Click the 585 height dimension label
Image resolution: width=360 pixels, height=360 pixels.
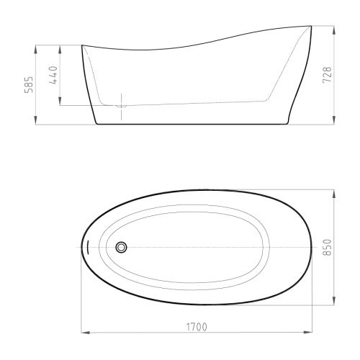click(x=30, y=84)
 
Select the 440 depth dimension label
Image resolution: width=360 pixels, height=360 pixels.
click(x=53, y=75)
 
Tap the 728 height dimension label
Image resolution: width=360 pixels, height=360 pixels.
click(x=327, y=75)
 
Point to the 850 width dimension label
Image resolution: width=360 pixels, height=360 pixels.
click(x=327, y=248)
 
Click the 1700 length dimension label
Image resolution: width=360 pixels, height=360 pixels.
click(x=197, y=327)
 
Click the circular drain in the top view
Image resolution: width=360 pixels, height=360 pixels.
click(x=121, y=247)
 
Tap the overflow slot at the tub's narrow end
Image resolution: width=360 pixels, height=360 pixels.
click(x=88, y=248)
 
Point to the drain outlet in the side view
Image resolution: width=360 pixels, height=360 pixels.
click(x=121, y=106)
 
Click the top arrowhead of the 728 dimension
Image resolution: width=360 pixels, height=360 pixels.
click(x=334, y=30)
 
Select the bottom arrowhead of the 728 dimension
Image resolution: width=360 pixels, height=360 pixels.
click(x=334, y=120)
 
